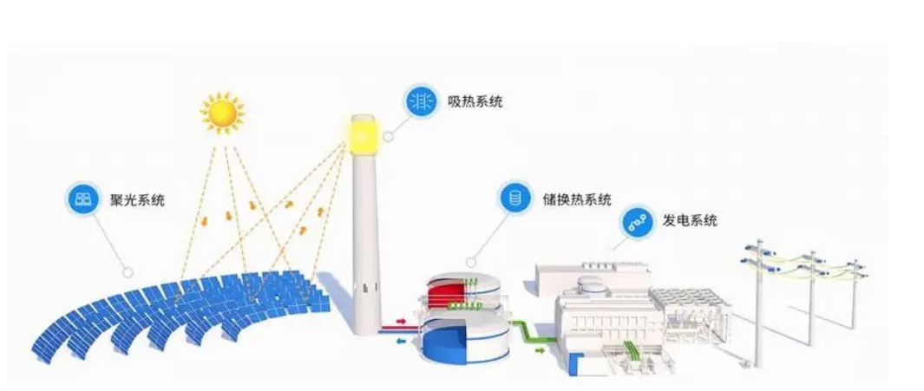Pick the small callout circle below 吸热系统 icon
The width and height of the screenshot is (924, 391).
click(x=388, y=135)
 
